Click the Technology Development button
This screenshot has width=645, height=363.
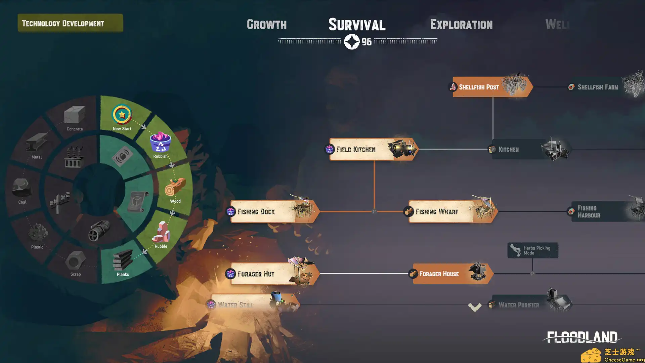pyautogui.click(x=70, y=23)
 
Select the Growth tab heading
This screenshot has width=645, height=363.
pyautogui.click(x=267, y=24)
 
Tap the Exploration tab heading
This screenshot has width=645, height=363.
pyautogui.click(x=461, y=24)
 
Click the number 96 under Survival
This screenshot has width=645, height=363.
pyautogui.click(x=367, y=42)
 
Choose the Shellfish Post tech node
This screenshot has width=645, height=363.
pyautogui.click(x=490, y=87)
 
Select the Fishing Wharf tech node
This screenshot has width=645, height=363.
pyautogui.click(x=450, y=211)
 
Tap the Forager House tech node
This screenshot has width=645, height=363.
pyautogui.click(x=450, y=274)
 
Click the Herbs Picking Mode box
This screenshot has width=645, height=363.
pyautogui.click(x=532, y=250)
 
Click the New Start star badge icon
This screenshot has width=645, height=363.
pyautogui.click(x=122, y=115)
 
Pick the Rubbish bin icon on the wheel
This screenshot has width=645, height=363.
pyautogui.click(x=160, y=143)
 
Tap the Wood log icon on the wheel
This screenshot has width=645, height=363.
pyautogui.click(x=175, y=187)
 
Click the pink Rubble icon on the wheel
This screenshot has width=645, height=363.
pyautogui.click(x=161, y=232)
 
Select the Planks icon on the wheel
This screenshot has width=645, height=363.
pyautogui.click(x=123, y=261)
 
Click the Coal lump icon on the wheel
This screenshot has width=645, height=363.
pyautogui.click(x=22, y=188)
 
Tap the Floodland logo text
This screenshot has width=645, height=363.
pyautogui.click(x=582, y=337)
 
